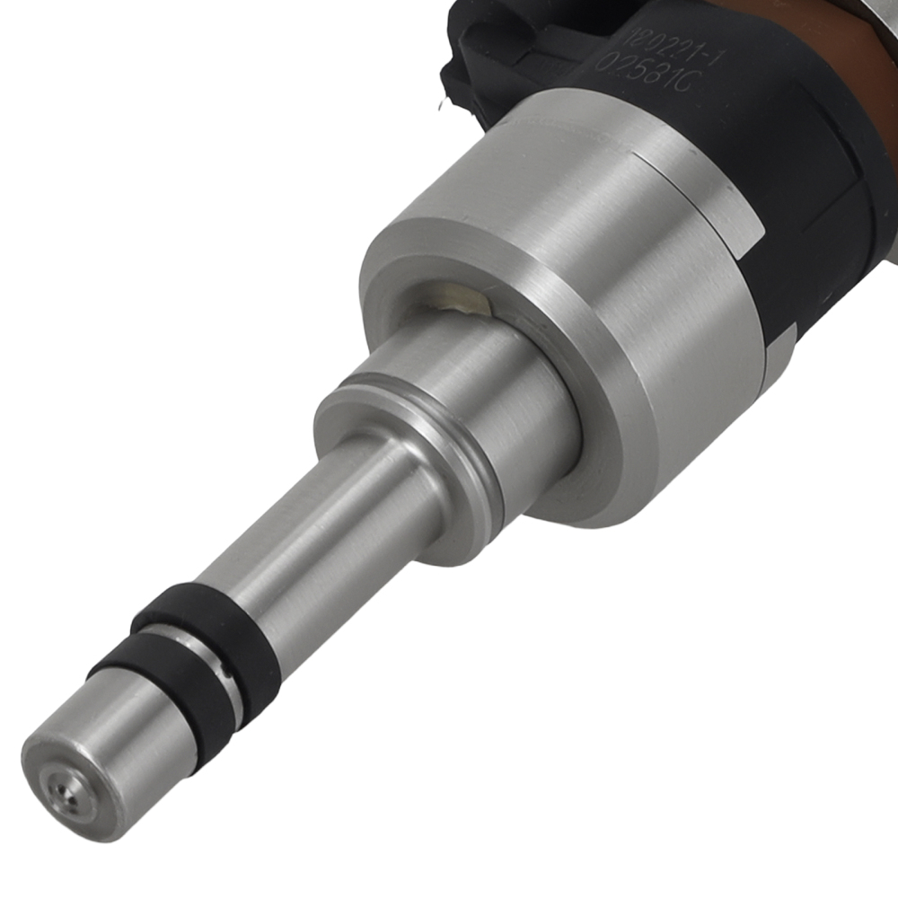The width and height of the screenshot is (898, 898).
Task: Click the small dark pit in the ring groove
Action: coord(231,670)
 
